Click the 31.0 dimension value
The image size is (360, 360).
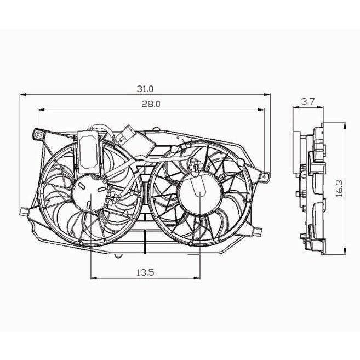pyautogui.click(x=145, y=89)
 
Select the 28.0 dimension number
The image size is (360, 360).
pyautogui.click(x=151, y=104)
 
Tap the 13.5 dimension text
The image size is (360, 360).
pyautogui.click(x=145, y=272)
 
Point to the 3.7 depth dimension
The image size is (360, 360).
pyautogui.click(x=307, y=101)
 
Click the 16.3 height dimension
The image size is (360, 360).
pyautogui.click(x=339, y=188)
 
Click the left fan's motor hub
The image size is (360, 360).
pyautogui.click(x=89, y=192)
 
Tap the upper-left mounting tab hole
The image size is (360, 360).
pyautogui.click(x=39, y=135)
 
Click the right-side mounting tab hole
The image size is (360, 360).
pyautogui.click(x=264, y=176)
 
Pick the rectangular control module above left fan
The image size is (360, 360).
pyautogui.click(x=88, y=152)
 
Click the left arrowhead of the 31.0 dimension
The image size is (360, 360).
pyautogui.click(x=23, y=95)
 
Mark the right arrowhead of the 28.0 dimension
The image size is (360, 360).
pyautogui.click(x=261, y=110)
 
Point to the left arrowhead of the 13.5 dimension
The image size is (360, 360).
pyautogui.click(x=94, y=278)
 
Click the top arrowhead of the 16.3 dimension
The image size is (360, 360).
pyautogui.click(x=345, y=125)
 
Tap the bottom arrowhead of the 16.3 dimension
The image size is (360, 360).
pyautogui.click(x=345, y=251)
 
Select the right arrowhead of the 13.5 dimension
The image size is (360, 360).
pyautogui.click(x=197, y=278)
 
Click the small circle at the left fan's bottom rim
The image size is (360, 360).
pyautogui.click(x=81, y=244)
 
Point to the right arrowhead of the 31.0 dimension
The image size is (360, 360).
pyautogui.click(x=267, y=95)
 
